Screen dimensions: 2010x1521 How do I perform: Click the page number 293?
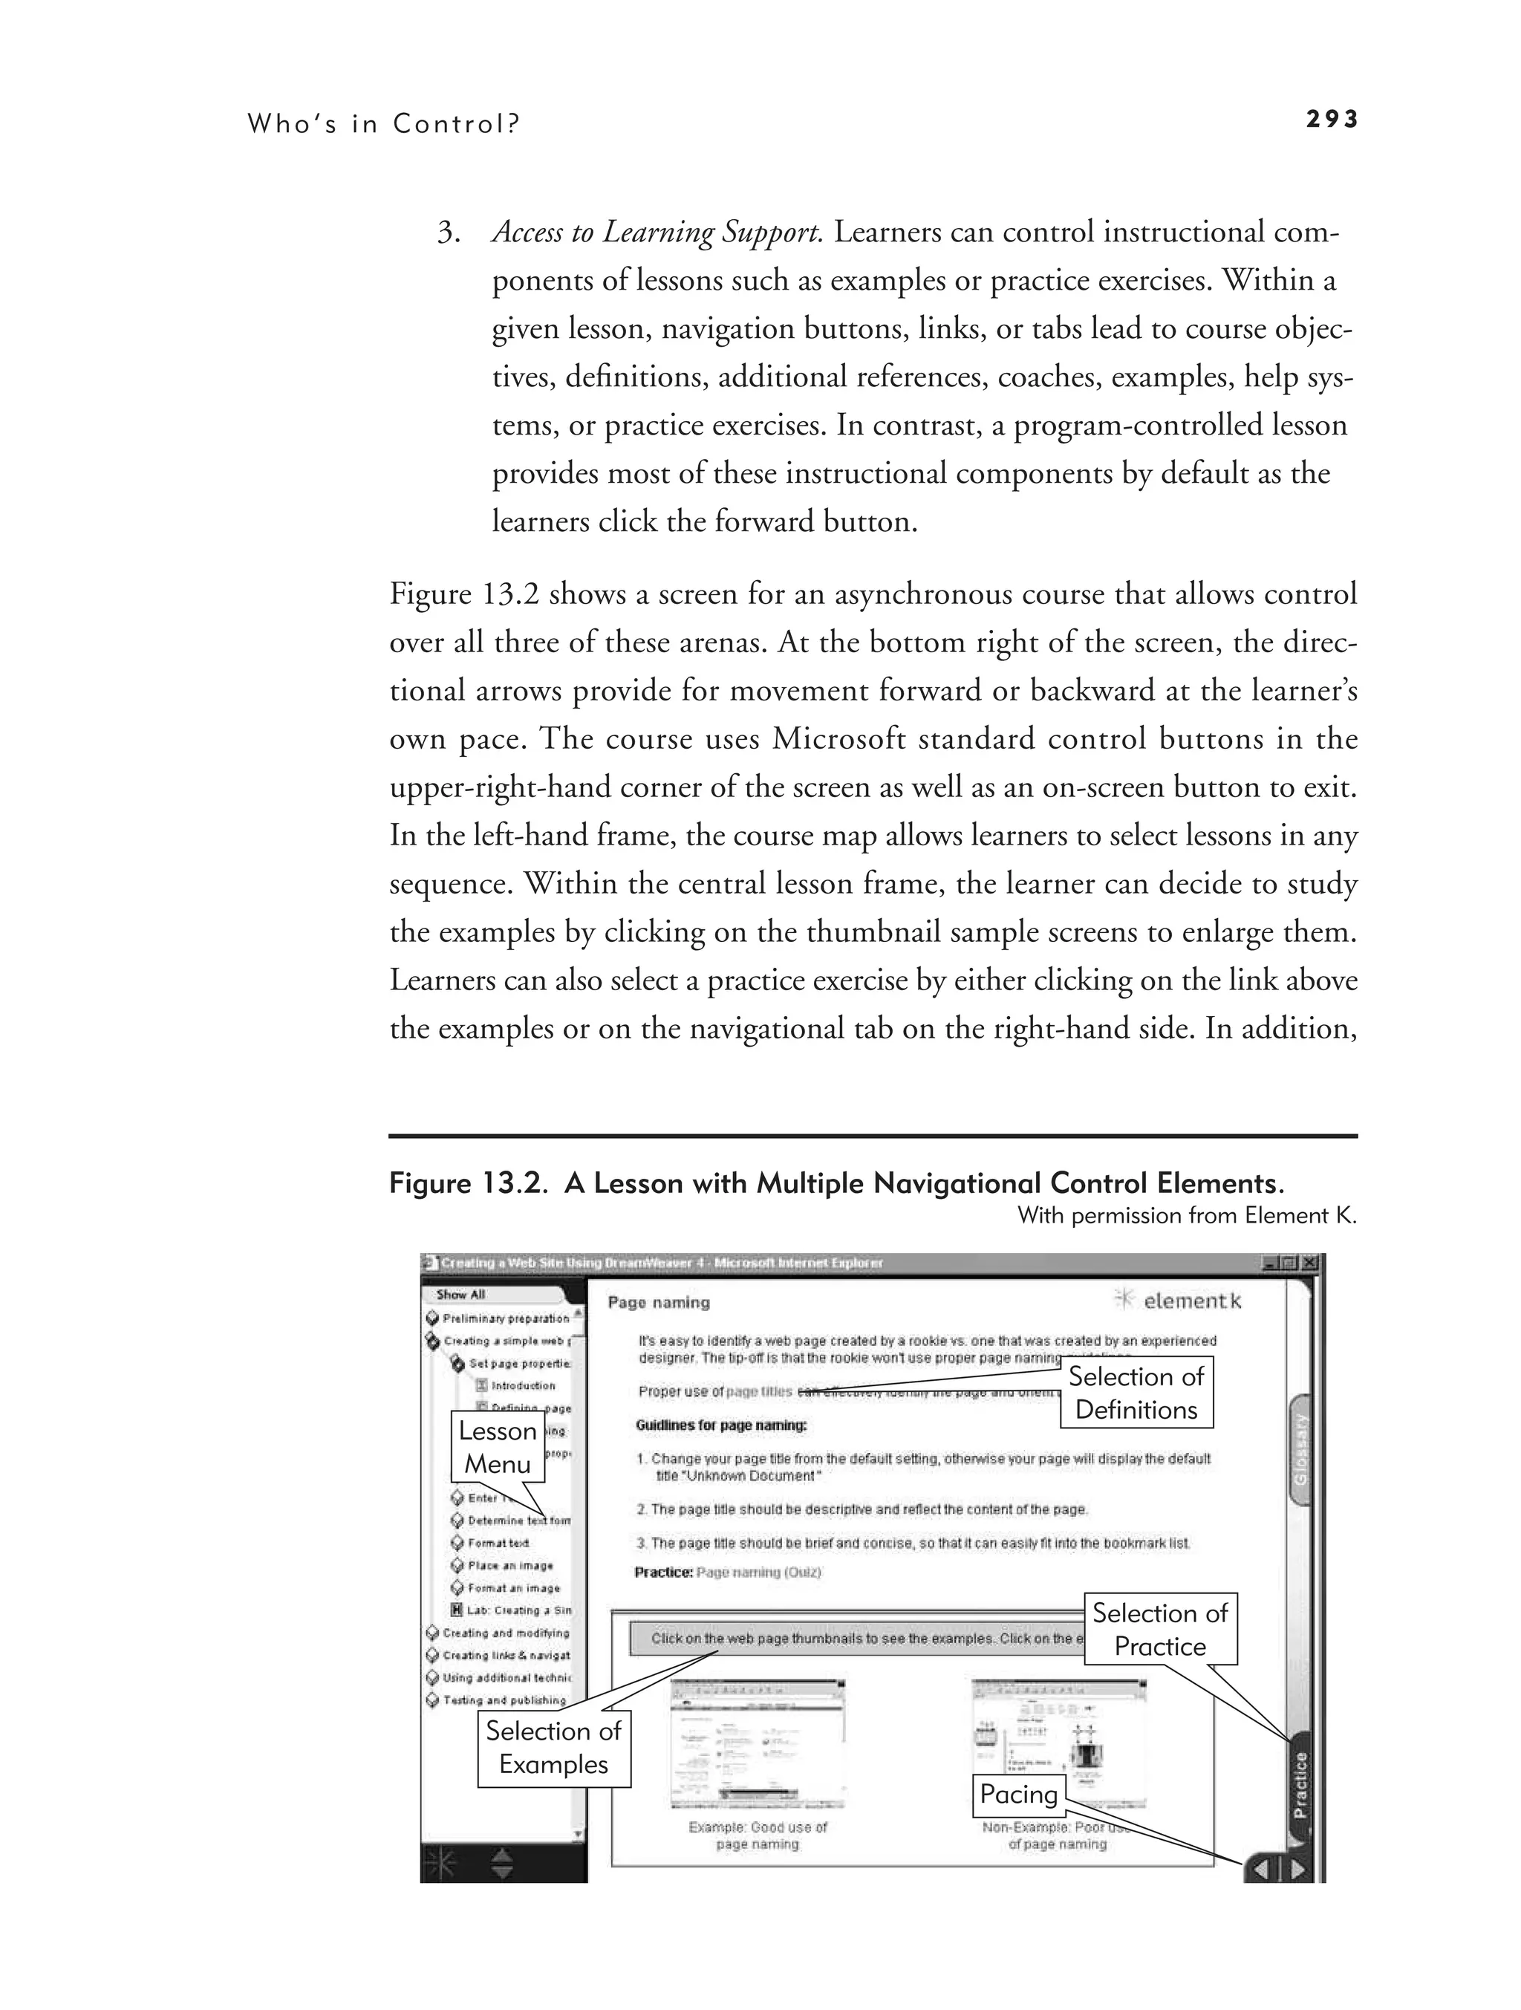pos(1331,119)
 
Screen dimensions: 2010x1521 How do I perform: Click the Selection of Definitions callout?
pos(1136,1393)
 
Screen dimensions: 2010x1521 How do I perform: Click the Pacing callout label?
pos(1018,1794)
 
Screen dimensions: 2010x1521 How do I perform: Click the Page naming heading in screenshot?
pos(658,1302)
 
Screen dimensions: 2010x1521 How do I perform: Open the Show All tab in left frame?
pos(460,1294)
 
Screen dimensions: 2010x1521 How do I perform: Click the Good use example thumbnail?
pos(758,1744)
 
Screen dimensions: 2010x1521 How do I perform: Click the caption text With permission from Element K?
pos(1187,1216)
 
